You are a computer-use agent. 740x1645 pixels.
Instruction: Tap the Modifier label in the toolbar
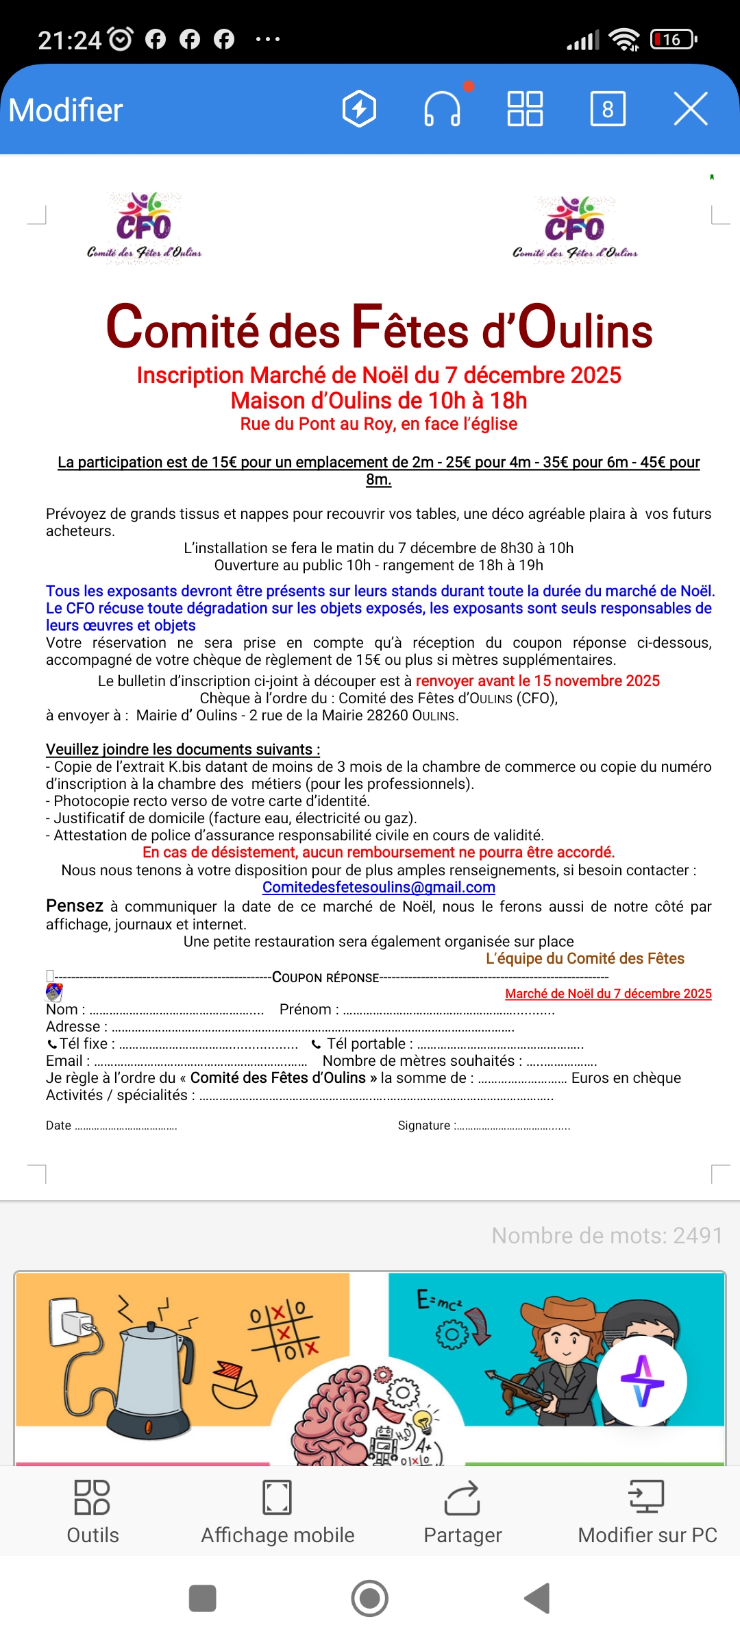pyautogui.click(x=66, y=110)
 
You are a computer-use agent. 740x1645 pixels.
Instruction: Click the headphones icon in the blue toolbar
pyautogui.click(x=442, y=109)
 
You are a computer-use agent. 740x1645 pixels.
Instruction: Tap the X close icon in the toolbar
pyautogui.click(x=690, y=109)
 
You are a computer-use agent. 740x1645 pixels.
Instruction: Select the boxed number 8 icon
pyautogui.click(x=608, y=109)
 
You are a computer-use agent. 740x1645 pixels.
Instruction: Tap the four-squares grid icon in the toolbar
pyautogui.click(x=525, y=109)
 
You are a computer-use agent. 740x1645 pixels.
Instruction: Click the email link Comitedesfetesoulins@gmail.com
pyautogui.click(x=378, y=888)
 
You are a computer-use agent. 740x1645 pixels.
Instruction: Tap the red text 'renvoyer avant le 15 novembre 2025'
pyautogui.click(x=537, y=681)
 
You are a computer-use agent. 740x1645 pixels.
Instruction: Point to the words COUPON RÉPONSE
pyautogui.click(x=325, y=977)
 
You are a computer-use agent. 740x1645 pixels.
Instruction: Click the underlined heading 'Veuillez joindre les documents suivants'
pyautogui.click(x=182, y=749)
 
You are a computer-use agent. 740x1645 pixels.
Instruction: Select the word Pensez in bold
pyautogui.click(x=74, y=906)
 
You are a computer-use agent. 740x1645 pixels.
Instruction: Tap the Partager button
pyautogui.click(x=463, y=1512)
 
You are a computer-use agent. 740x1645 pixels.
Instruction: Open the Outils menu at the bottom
pyautogui.click(x=92, y=1512)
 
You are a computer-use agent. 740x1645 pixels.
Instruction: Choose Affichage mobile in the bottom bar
pyautogui.click(x=277, y=1512)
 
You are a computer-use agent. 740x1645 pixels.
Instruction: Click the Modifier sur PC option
pyautogui.click(x=647, y=1512)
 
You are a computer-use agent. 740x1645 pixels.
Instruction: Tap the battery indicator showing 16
pyautogui.click(x=673, y=40)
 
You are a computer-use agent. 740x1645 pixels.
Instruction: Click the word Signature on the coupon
pyautogui.click(x=423, y=1125)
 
